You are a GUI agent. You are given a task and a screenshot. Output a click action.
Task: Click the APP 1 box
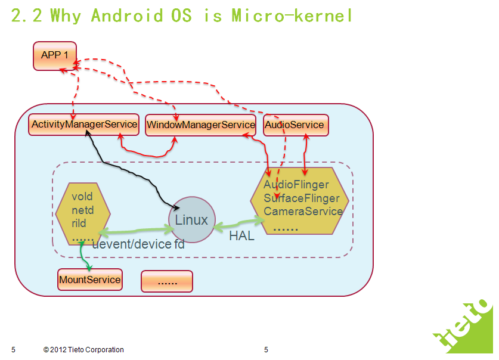pyautogui.click(x=55, y=55)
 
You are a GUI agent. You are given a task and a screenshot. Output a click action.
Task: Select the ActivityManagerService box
pyautogui.click(x=83, y=125)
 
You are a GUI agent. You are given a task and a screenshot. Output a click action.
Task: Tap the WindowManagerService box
pyautogui.click(x=200, y=125)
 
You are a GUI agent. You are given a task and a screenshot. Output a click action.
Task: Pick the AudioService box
pyautogui.click(x=295, y=125)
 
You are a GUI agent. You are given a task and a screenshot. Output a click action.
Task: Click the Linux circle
pyautogui.click(x=191, y=220)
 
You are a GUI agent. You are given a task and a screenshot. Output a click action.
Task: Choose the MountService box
pyautogui.click(x=89, y=280)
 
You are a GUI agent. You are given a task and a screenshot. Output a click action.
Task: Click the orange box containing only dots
pyautogui.click(x=167, y=281)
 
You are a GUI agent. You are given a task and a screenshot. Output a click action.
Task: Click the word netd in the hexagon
pyautogui.click(x=83, y=210)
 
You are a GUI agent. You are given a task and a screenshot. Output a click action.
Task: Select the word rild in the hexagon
pyautogui.click(x=79, y=224)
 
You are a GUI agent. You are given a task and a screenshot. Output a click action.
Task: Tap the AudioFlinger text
pyautogui.click(x=296, y=185)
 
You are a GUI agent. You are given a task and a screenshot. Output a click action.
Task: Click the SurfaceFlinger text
pyautogui.click(x=302, y=198)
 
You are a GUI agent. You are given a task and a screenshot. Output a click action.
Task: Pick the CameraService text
pyautogui.click(x=303, y=211)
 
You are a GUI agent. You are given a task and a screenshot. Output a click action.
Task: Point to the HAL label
pyautogui.click(x=242, y=236)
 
